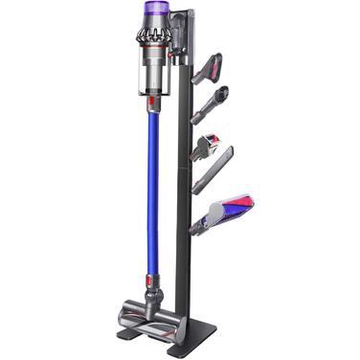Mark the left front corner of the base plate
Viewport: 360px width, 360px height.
(123, 337)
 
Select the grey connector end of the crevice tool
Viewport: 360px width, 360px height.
(197, 188)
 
